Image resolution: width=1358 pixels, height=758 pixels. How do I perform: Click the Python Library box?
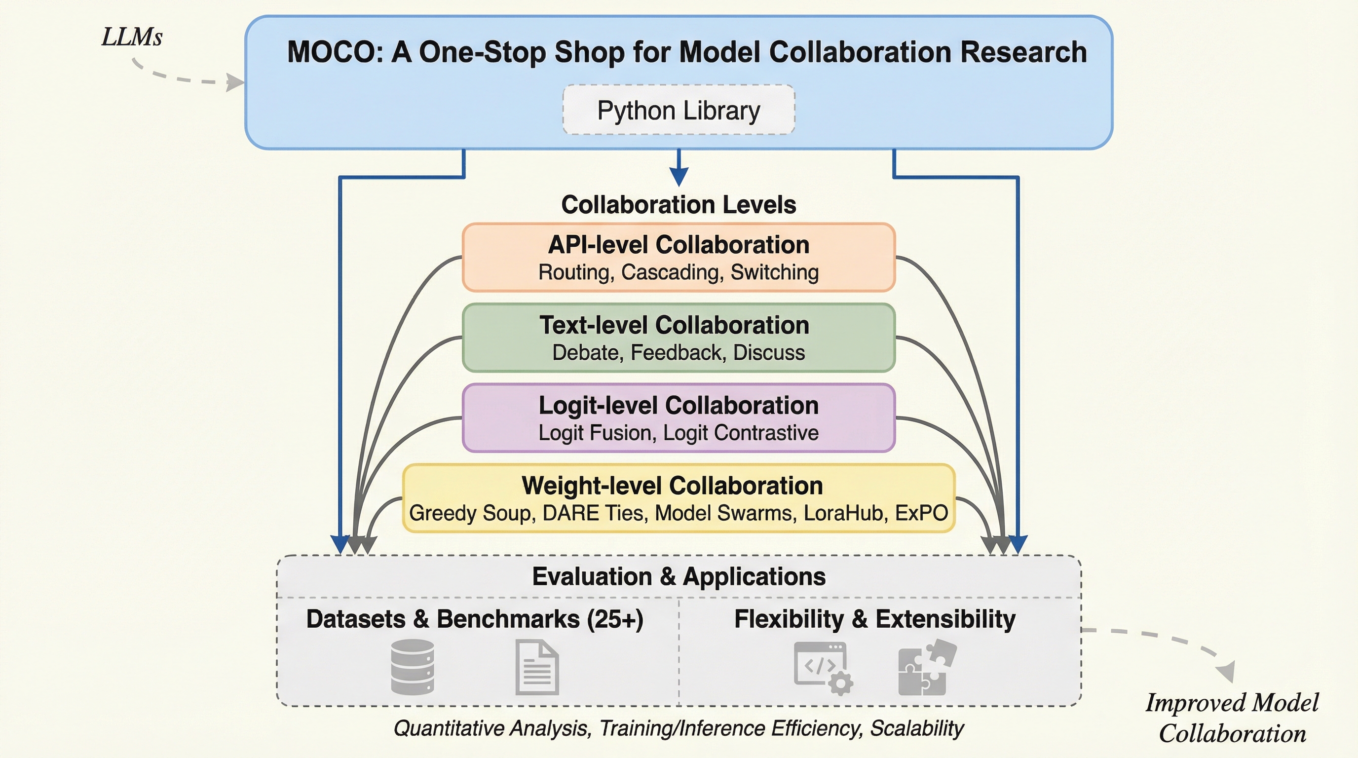click(679, 110)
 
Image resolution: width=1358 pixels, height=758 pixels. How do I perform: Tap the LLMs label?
click(132, 38)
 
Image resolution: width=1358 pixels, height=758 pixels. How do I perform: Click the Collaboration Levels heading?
click(679, 204)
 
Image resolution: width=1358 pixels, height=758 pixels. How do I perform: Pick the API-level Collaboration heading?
click(679, 245)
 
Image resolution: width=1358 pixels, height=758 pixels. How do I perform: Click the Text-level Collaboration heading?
click(674, 325)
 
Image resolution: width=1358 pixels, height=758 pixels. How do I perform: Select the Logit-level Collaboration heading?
click(679, 405)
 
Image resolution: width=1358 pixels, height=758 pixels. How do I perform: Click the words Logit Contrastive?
click(741, 433)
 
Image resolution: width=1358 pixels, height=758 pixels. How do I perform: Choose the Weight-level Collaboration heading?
click(672, 486)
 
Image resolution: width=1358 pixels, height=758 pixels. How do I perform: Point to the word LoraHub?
click(843, 513)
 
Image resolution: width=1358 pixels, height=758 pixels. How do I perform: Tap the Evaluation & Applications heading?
click(679, 576)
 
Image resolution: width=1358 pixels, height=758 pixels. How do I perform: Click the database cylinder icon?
click(412, 667)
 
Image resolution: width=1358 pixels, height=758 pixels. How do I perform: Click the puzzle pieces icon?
click(926, 667)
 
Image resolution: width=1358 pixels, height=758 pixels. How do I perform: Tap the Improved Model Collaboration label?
click(1232, 718)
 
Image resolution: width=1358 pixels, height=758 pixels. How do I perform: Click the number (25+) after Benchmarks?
click(615, 619)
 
